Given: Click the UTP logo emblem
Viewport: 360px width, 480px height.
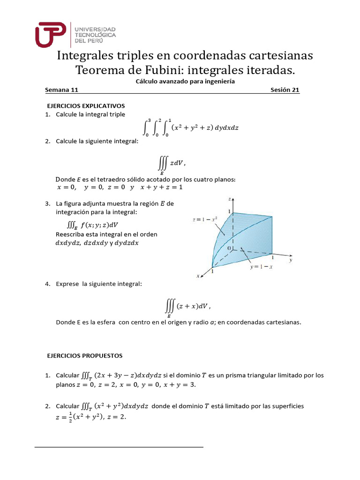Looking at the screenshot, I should click(52, 34).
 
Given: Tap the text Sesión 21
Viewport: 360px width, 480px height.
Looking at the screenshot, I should click(285, 90).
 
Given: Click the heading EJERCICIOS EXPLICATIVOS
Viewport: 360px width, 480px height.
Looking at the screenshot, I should click(85, 105).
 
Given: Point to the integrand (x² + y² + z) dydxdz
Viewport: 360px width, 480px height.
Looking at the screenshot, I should click(205, 127).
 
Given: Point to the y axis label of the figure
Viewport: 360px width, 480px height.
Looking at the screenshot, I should click(291, 259).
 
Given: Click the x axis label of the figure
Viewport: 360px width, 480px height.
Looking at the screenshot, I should click(198, 276).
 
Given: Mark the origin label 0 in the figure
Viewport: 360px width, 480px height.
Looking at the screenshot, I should click(229, 247).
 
